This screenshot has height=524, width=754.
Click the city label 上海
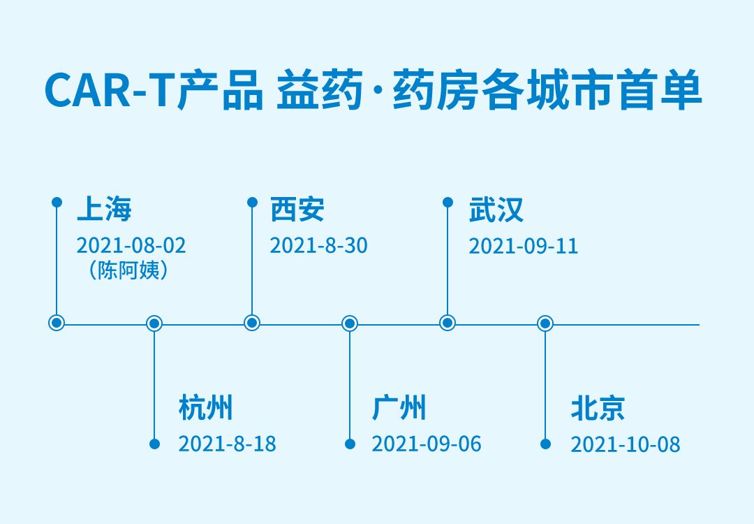coord(104,209)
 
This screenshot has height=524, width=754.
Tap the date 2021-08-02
coord(131,245)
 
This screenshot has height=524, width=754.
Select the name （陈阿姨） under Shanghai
coord(128,270)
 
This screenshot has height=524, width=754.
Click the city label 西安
coord(297,209)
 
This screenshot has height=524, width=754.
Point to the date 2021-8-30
coord(318,245)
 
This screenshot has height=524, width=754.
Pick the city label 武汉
coord(496,210)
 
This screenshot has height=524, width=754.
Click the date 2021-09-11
coord(523,247)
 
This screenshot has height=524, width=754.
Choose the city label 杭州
coord(205,407)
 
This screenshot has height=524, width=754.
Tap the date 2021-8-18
coord(227,444)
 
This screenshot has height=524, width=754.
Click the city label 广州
coord(399,407)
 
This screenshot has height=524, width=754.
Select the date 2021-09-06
coord(426,444)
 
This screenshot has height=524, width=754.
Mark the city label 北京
coord(598,408)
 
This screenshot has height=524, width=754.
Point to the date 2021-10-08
coord(625,444)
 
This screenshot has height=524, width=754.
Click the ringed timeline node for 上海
coord(57,323)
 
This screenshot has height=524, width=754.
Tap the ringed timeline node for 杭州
coord(154,323)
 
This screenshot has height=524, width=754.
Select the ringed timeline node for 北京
coord(545,323)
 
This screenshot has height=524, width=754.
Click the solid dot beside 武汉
coord(448,202)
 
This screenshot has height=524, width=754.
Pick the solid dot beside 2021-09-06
coord(350,444)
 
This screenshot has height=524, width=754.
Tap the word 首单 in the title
coord(660,90)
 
